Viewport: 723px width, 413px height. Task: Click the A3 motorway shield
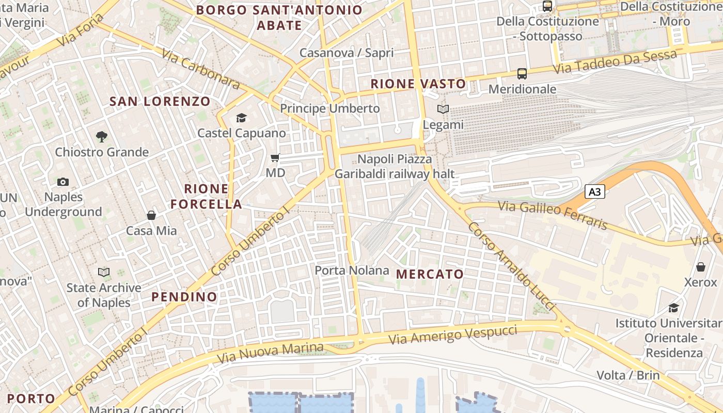[595, 192]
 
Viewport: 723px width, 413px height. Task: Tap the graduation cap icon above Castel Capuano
[241, 118]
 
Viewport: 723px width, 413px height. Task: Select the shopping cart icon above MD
[275, 157]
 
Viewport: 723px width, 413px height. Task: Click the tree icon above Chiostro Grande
[102, 137]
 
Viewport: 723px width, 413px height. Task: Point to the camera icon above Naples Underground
[63, 182]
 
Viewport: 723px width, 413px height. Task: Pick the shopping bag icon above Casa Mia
[151, 215]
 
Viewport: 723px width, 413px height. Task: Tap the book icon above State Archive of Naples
[104, 272]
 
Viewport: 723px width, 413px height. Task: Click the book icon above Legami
[443, 109]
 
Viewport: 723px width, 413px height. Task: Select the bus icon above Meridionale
[522, 74]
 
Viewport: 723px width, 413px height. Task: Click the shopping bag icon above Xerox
[701, 267]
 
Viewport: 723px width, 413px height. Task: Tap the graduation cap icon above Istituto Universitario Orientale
[674, 308]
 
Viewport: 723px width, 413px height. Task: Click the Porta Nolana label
[352, 271]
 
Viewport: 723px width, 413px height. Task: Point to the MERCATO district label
[430, 274]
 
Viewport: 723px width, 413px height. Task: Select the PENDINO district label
[184, 297]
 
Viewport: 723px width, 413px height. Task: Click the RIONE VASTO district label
[418, 84]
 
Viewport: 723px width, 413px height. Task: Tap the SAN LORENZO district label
[160, 101]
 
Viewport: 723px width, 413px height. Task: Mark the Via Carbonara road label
[200, 69]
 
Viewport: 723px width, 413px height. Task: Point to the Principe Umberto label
[330, 108]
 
